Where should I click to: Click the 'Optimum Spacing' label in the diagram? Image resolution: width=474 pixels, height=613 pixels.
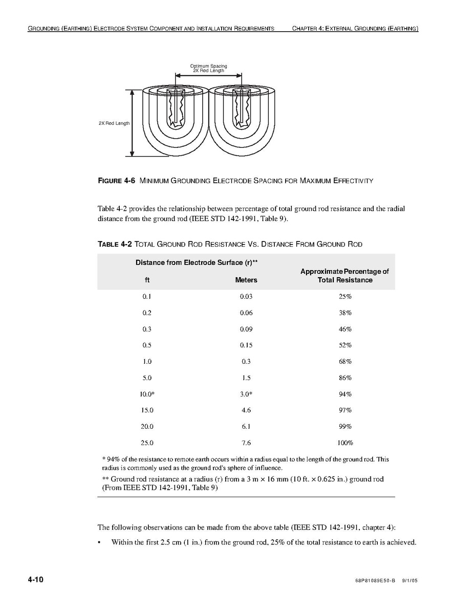[x=208, y=66]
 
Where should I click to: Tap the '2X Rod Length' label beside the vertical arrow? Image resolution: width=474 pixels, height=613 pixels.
[x=114, y=123]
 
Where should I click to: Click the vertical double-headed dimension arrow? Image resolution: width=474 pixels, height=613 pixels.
[x=132, y=123]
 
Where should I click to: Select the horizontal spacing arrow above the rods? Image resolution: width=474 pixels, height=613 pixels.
[x=208, y=76]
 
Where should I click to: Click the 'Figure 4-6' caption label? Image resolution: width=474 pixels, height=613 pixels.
[x=117, y=181]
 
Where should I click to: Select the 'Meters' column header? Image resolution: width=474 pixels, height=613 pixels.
[x=246, y=280]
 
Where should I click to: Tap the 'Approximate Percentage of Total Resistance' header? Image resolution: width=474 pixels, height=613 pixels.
[x=344, y=275]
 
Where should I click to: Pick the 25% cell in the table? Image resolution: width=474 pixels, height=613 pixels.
[x=345, y=296]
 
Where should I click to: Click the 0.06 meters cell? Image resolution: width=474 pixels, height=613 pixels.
[x=246, y=313]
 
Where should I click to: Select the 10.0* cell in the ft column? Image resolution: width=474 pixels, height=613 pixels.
[x=147, y=394]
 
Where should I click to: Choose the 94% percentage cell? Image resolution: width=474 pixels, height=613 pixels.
[x=345, y=394]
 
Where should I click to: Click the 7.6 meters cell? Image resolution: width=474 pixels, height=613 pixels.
[x=246, y=443]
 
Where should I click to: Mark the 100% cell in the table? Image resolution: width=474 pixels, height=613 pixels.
[x=345, y=443]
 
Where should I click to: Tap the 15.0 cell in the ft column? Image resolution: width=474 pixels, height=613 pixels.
[x=147, y=410]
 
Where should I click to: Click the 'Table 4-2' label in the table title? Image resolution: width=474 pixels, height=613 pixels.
[x=115, y=244]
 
